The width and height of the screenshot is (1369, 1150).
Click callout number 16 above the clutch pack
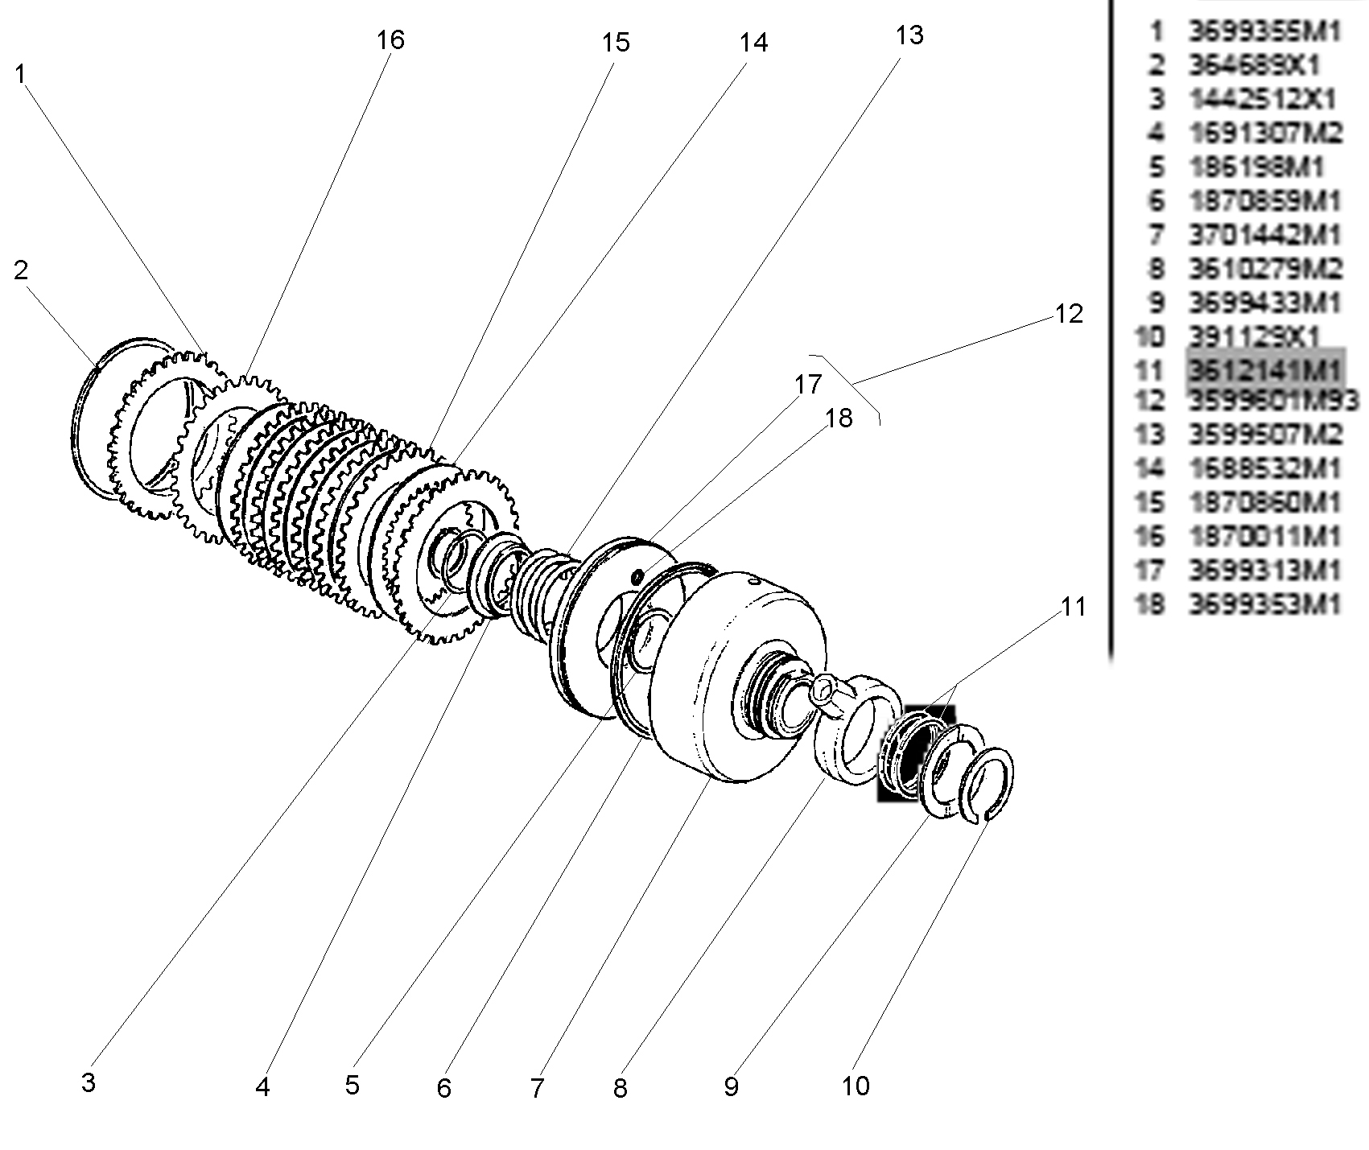[390, 39]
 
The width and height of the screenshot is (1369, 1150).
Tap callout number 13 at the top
[909, 35]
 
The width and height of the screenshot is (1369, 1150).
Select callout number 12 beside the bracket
[1069, 314]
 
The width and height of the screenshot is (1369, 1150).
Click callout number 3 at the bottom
[89, 1082]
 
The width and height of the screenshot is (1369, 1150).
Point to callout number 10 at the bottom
[856, 1086]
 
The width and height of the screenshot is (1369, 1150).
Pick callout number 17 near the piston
[808, 385]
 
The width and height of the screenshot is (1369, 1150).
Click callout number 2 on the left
[21, 270]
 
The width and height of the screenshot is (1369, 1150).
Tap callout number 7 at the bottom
[537, 1089]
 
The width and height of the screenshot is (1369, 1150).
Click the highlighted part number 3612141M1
[1264, 370]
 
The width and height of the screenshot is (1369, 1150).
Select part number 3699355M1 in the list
[1264, 31]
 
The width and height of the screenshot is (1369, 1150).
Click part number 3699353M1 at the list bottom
[1264, 604]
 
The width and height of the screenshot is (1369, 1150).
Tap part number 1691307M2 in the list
[1266, 133]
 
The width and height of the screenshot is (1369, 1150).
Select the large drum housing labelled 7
[740, 676]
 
